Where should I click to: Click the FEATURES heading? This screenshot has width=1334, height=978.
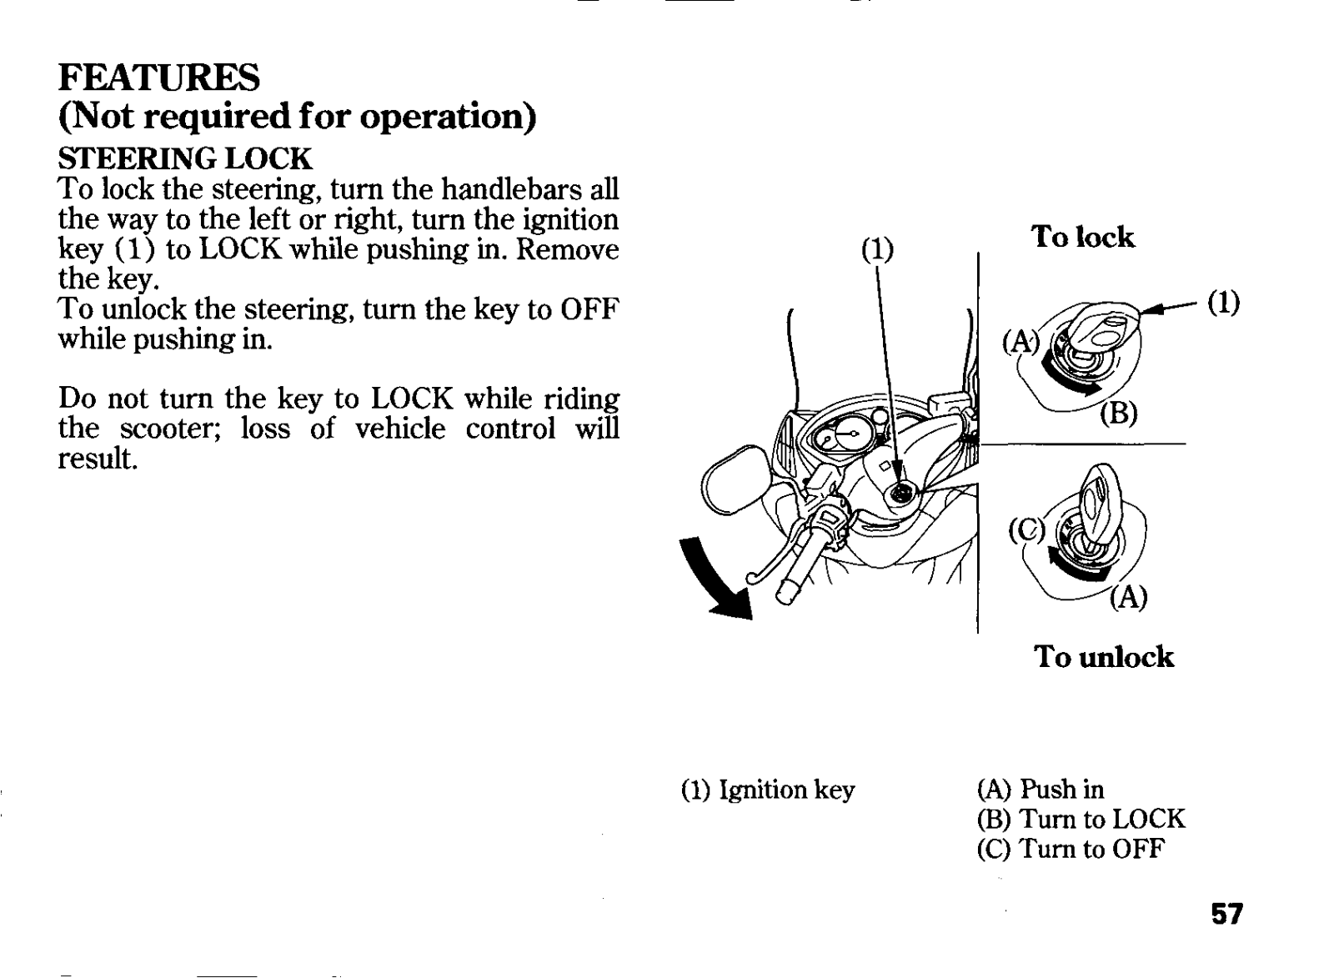(159, 78)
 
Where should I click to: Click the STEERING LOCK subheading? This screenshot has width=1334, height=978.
(184, 158)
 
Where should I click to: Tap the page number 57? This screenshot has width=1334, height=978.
(1227, 915)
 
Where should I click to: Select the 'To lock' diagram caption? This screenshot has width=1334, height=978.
(1083, 238)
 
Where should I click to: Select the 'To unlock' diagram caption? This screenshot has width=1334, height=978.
(1104, 657)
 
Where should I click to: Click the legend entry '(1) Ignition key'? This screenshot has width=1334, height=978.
(768, 790)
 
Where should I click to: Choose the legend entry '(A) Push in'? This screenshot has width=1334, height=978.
(1040, 789)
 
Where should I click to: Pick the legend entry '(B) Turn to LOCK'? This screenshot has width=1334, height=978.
(1081, 819)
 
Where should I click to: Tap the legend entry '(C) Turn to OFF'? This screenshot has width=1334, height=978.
(1070, 849)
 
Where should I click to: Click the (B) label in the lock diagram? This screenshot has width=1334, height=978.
(1118, 413)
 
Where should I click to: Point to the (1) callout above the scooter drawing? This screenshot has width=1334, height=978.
(876, 249)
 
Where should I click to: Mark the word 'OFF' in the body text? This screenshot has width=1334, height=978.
(590, 309)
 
